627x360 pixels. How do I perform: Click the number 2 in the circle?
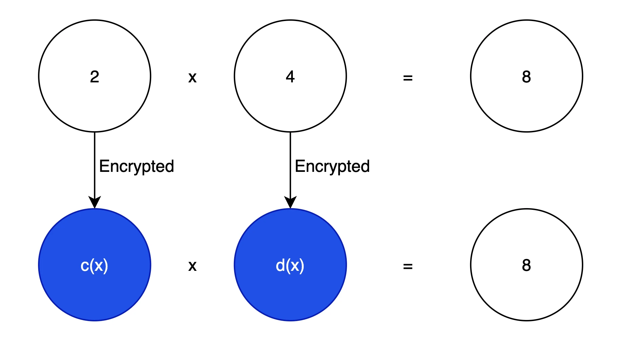95,77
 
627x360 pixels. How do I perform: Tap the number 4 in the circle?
290,77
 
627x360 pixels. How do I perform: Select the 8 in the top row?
526,77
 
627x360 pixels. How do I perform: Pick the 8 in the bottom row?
526,265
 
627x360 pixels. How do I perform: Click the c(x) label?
94,265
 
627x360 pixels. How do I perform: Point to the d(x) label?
290,265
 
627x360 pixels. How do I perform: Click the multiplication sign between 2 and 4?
192,78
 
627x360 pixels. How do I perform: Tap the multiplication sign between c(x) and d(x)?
192,266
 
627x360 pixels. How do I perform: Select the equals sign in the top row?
408,78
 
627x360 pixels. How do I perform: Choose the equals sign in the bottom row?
408,266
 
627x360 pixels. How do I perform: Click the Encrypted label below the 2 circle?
137,166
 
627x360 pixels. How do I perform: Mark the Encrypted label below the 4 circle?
332,166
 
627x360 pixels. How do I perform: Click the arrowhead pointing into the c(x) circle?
95,202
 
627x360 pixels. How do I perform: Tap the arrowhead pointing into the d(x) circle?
290,202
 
